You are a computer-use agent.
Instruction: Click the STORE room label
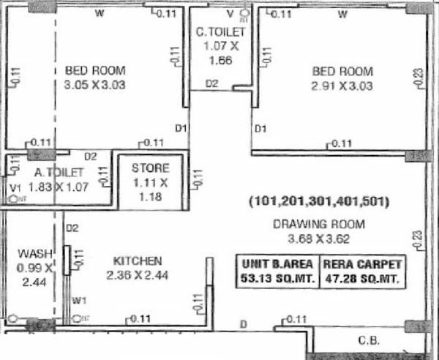pos(150,168)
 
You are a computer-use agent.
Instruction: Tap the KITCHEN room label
pos(138,260)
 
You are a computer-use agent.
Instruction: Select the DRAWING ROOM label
pos(318,224)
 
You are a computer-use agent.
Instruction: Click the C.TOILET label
pos(217,33)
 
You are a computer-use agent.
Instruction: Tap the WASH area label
pos(33,253)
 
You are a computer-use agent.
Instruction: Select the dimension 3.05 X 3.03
pos(95,85)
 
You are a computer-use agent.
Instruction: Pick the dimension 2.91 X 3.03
pos(342,86)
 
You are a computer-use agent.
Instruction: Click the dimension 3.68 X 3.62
pos(318,238)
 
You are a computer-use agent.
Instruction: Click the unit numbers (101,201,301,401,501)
pos(318,200)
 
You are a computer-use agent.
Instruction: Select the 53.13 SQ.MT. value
pos(275,278)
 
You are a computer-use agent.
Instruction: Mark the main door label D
pos(244,323)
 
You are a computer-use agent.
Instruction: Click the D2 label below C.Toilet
pos(211,84)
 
